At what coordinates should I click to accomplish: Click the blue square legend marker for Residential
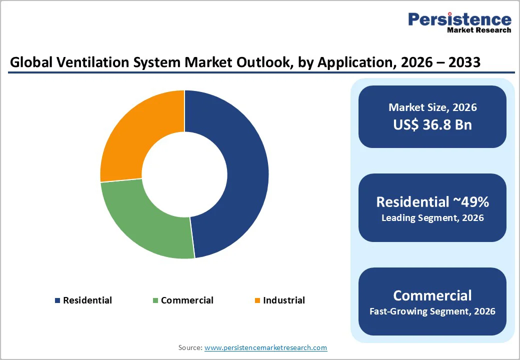pos(57,300)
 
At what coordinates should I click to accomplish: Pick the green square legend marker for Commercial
pos(155,300)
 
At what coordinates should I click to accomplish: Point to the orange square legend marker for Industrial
pos(257,300)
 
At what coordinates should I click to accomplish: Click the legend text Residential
pos(87,300)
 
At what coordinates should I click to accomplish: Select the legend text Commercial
pos(187,300)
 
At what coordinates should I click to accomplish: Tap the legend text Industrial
pos(284,300)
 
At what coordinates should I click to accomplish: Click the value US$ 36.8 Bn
pos(432,124)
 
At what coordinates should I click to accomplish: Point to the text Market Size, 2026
pos(432,107)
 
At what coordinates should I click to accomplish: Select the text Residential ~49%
pos(432,201)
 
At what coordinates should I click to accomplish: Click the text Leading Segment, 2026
pos(432,218)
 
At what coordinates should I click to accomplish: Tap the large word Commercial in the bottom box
pos(432,295)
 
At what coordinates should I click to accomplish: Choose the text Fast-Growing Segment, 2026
pos(432,311)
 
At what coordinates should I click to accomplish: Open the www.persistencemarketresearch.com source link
pos(265,347)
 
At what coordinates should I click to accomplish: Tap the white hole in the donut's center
pos(184,174)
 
